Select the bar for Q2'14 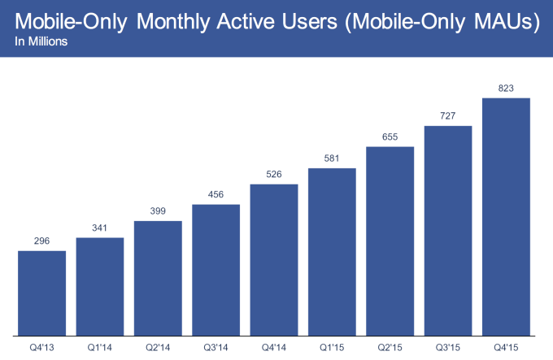coord(158,277)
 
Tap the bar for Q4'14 coord(274,259)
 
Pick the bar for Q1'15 coord(332,251)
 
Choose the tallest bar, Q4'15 coord(506,216)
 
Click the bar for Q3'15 coord(448,230)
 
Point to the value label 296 coord(41,241)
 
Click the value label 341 coord(100,228)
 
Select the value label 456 coord(216,194)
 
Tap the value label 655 coord(390,137)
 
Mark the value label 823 coord(506,88)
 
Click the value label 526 coord(274,174)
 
